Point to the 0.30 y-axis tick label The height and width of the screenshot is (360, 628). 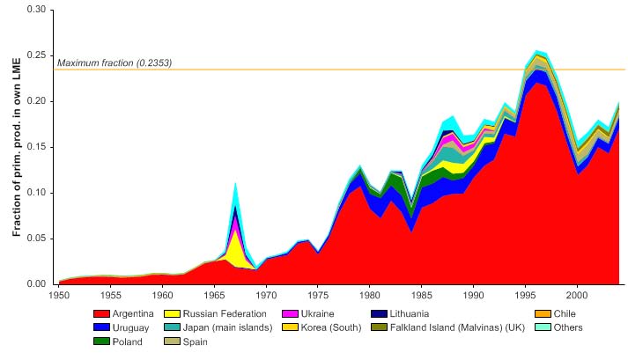point(38,11)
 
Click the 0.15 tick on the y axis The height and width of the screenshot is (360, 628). point(38,147)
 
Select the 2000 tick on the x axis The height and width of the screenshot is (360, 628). point(578,294)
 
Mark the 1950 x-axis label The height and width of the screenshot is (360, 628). point(58,294)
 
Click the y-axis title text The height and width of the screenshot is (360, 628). point(17,147)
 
